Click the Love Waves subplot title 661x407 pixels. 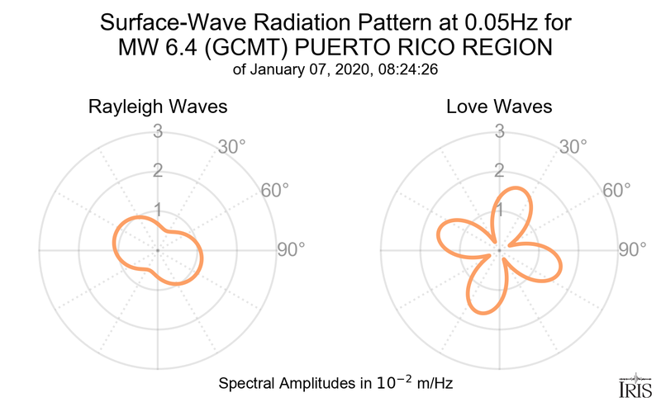click(x=498, y=107)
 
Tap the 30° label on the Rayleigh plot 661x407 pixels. click(x=229, y=148)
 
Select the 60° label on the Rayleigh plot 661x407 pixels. click(x=274, y=191)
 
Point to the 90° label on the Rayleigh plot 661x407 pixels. click(x=291, y=249)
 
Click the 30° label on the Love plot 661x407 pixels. click(x=571, y=148)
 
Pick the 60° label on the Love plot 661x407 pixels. click(x=616, y=191)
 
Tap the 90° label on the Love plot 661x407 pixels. click(x=633, y=249)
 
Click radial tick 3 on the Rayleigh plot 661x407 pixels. click(x=156, y=131)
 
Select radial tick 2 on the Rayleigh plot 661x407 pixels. click(x=156, y=171)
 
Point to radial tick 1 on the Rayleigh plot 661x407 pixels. click(x=156, y=210)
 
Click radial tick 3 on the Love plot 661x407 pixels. click(x=498, y=131)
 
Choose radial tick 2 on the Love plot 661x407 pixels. click(x=498, y=171)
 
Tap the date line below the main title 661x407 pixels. click(x=330, y=71)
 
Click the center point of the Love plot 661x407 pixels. click(x=498, y=249)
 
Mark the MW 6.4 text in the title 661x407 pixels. click(x=149, y=48)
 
